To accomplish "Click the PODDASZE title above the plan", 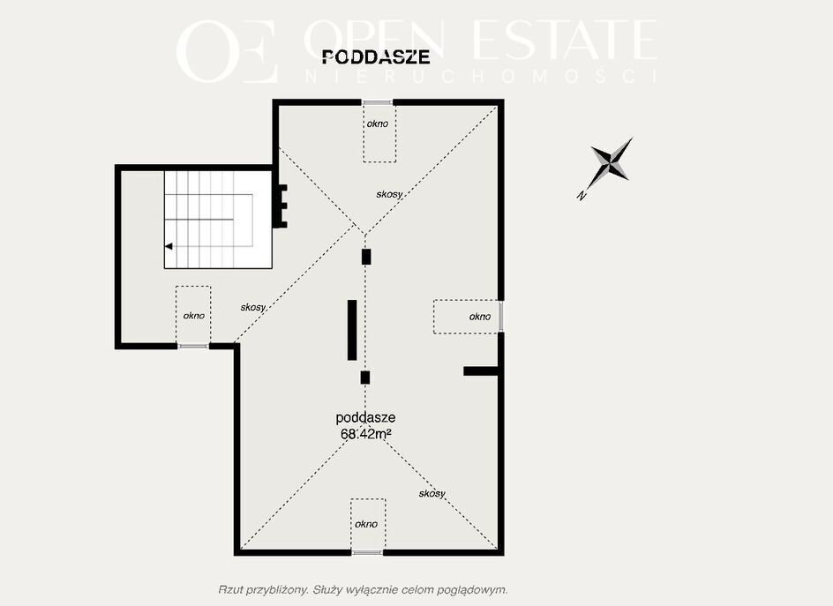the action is pyautogui.click(x=376, y=56).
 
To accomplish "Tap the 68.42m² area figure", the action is pyautogui.click(x=366, y=433).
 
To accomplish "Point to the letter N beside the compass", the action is pyautogui.click(x=582, y=196).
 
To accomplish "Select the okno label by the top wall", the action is pyautogui.click(x=377, y=123).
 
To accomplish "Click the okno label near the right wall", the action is pyautogui.click(x=480, y=317).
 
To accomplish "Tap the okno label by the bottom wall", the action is pyautogui.click(x=366, y=524).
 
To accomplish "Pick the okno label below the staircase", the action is pyautogui.click(x=193, y=316).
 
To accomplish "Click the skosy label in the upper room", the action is pyautogui.click(x=389, y=194).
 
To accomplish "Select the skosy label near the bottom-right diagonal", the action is pyautogui.click(x=432, y=493).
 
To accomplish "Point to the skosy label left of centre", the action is pyautogui.click(x=253, y=307).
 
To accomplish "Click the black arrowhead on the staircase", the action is pyautogui.click(x=169, y=246).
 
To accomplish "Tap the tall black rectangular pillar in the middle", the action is pyautogui.click(x=352, y=331).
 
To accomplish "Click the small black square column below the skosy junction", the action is pyautogui.click(x=366, y=257).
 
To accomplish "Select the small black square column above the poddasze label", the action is pyautogui.click(x=365, y=378).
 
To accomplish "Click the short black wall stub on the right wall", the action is pyautogui.click(x=481, y=371).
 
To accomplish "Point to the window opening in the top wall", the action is pyautogui.click(x=377, y=102).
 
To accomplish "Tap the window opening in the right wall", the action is pyautogui.click(x=501, y=317).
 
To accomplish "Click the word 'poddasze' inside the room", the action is pyautogui.click(x=365, y=418).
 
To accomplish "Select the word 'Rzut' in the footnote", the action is pyautogui.click(x=229, y=589).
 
